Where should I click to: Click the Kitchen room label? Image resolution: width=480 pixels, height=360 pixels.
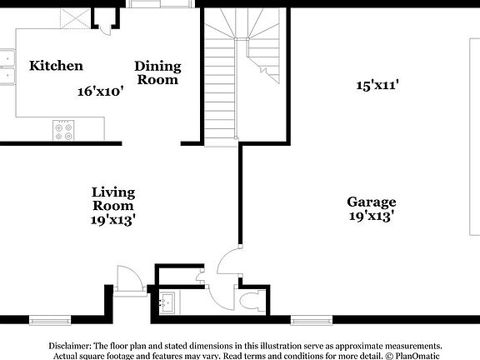click(56, 66)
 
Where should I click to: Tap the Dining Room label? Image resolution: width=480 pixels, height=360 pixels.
click(157, 72)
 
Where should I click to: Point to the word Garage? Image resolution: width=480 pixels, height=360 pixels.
click(371, 202)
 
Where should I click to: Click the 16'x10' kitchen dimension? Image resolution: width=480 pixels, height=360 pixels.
click(101, 91)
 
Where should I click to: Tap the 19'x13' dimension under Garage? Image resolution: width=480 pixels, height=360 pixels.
click(371, 217)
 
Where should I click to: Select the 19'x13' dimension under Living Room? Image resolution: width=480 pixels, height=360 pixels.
click(113, 220)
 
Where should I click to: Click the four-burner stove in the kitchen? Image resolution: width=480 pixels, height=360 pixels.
click(63, 129)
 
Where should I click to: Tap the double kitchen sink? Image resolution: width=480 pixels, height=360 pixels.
click(7, 67)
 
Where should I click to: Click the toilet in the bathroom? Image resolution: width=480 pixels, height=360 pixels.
click(249, 300)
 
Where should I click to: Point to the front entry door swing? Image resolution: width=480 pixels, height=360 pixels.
click(129, 279)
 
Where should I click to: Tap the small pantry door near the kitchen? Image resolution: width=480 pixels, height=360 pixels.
click(103, 27)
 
